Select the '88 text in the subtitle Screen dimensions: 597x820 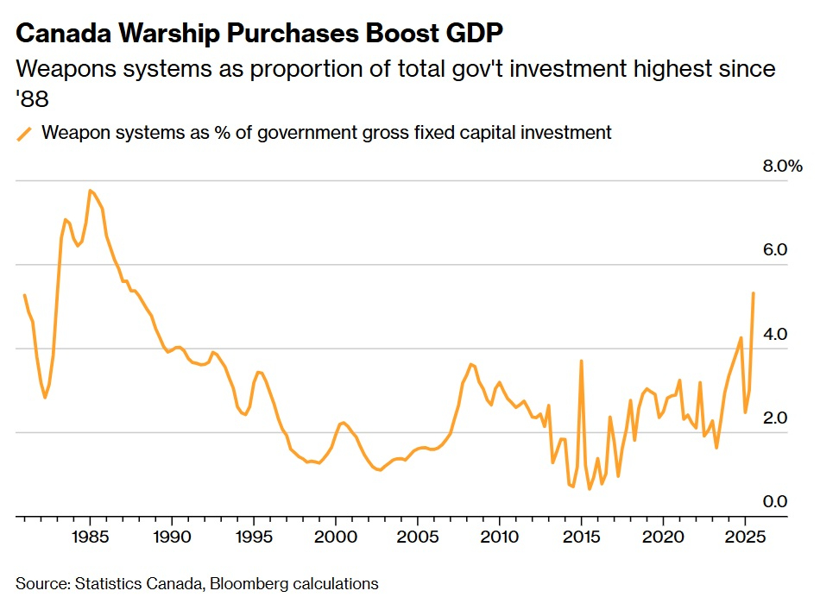(x=32, y=100)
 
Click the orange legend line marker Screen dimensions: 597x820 (x=25, y=133)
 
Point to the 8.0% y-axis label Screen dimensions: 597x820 (x=783, y=166)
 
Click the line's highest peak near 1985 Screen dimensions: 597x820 (x=90, y=190)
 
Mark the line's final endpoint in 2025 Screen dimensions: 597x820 (x=754, y=293)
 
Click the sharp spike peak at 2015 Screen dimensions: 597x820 (x=581, y=361)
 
